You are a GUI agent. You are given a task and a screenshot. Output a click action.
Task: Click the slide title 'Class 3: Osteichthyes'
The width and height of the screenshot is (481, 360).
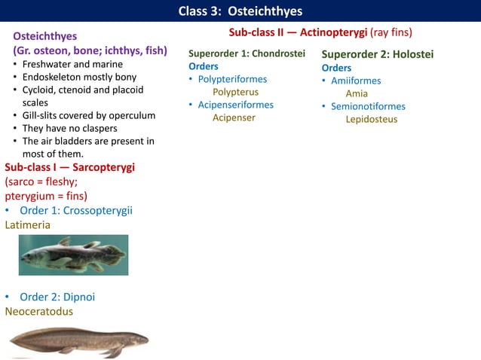pyautogui.click(x=240, y=11)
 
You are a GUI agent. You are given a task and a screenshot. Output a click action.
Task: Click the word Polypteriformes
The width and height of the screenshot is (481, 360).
pyautogui.click(x=232, y=79)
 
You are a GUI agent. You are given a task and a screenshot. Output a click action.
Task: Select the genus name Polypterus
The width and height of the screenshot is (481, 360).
pyautogui.click(x=235, y=92)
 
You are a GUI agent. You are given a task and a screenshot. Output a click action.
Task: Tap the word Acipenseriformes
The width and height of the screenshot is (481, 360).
pyautogui.click(x=235, y=105)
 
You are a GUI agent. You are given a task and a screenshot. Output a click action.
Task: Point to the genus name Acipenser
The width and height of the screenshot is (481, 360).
pyautogui.click(x=234, y=117)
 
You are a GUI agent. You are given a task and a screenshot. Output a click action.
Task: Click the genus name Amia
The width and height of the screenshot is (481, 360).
pyautogui.click(x=357, y=93)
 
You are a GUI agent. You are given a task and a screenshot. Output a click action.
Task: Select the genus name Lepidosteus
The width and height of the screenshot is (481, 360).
pyautogui.click(x=371, y=119)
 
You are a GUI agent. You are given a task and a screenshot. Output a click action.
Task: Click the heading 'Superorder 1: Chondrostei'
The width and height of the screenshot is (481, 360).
pyautogui.click(x=247, y=53)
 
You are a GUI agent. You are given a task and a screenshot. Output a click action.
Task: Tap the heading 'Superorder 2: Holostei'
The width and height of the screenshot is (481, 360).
pyautogui.click(x=377, y=54)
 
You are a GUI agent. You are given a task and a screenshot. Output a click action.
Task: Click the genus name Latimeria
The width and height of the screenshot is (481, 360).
pyautogui.click(x=28, y=224)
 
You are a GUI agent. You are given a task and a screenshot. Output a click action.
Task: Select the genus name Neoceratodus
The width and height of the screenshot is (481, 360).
pyautogui.click(x=39, y=310)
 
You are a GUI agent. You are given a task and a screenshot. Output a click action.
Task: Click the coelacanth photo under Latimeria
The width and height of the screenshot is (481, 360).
pyautogui.click(x=73, y=255)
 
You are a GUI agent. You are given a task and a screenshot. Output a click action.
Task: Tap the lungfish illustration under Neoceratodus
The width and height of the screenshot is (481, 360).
pyautogui.click(x=78, y=340)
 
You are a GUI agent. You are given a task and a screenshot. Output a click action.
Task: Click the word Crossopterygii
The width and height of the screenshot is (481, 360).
pyautogui.click(x=97, y=210)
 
